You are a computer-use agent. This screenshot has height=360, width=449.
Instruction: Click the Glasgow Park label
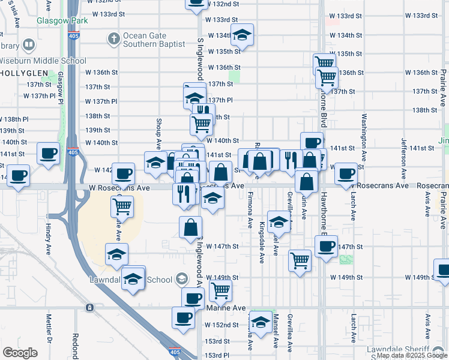62,20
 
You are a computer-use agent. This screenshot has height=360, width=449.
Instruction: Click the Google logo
20,352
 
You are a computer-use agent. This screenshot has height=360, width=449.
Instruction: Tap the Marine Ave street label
226,308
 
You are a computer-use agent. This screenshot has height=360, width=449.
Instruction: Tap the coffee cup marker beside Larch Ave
346,173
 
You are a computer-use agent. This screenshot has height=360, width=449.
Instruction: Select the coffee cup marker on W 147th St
326,246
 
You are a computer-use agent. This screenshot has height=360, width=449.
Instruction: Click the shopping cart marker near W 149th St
220,290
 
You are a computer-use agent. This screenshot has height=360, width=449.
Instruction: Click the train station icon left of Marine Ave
89,308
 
